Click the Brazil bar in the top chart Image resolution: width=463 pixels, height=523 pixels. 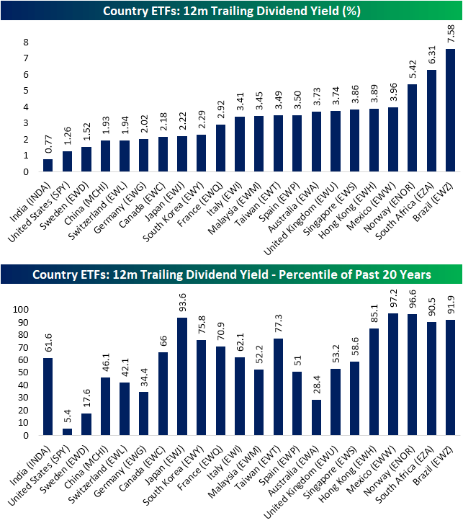click(450, 111)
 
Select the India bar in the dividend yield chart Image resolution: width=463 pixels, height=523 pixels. click(48, 166)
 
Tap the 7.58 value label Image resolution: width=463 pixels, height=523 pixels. click(450, 35)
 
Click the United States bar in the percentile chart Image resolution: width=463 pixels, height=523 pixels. click(66, 432)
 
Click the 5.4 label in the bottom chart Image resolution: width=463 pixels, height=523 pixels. click(66, 416)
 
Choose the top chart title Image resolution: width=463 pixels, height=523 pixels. click(231, 11)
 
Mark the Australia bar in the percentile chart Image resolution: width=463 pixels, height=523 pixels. click(316, 417)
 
